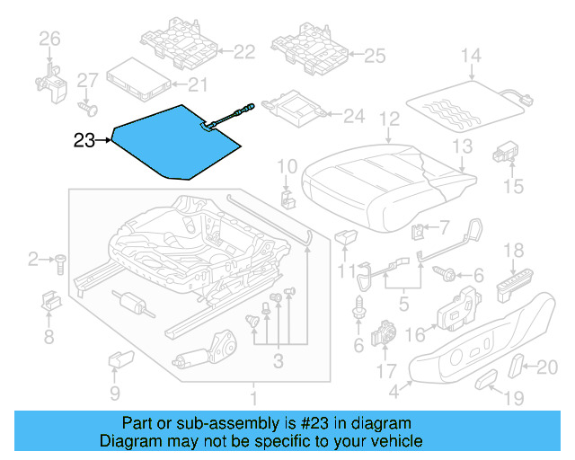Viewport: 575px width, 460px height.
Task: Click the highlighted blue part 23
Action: point(171,139)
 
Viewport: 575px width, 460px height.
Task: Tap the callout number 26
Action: point(49,38)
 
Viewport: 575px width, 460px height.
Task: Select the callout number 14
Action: point(471,57)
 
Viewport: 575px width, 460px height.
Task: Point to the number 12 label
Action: point(388,119)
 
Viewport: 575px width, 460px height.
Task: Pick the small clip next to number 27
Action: point(88,108)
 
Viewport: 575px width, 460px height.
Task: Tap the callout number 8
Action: point(49,338)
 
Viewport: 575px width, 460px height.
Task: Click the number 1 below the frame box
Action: point(253,396)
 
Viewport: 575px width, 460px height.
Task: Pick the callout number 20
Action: point(547,366)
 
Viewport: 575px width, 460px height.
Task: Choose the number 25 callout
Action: point(373,57)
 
